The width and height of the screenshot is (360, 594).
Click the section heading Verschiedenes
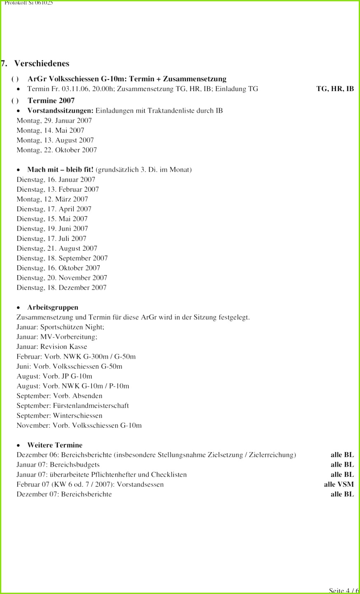(x=42, y=64)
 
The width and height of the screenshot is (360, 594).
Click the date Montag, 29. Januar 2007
(x=54, y=120)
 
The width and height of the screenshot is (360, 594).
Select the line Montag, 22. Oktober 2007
(x=56, y=150)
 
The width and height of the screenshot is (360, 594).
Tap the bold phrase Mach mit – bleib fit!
(x=60, y=170)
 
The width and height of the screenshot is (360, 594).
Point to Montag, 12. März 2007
(x=52, y=199)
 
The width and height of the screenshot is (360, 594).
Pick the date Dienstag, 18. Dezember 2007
(x=61, y=288)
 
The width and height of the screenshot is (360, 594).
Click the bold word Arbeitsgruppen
(x=52, y=307)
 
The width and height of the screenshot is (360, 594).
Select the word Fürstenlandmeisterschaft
(x=91, y=406)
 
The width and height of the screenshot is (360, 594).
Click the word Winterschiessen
(x=78, y=416)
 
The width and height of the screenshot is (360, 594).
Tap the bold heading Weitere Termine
(x=54, y=445)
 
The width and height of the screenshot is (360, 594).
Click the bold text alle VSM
(x=339, y=485)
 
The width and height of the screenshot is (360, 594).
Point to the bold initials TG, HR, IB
(x=335, y=89)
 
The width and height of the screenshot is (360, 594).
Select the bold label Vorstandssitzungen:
(x=60, y=111)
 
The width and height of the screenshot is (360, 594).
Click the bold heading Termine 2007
(x=51, y=101)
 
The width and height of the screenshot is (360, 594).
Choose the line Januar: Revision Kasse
(x=52, y=347)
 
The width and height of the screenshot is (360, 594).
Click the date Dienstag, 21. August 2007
(x=57, y=248)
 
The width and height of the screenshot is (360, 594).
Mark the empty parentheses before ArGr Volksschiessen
(x=15, y=79)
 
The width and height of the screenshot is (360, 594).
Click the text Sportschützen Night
(x=72, y=327)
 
